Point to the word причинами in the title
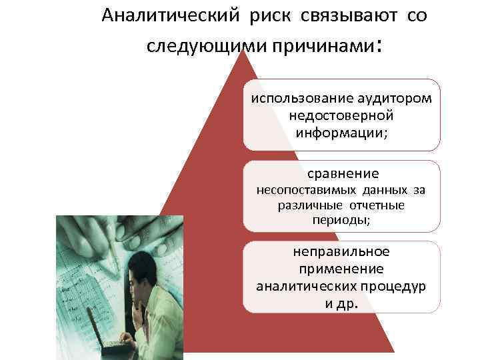point(329,48)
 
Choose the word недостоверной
point(342,115)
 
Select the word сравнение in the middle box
point(343,174)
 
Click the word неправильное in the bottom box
point(342,252)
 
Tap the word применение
point(342,269)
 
